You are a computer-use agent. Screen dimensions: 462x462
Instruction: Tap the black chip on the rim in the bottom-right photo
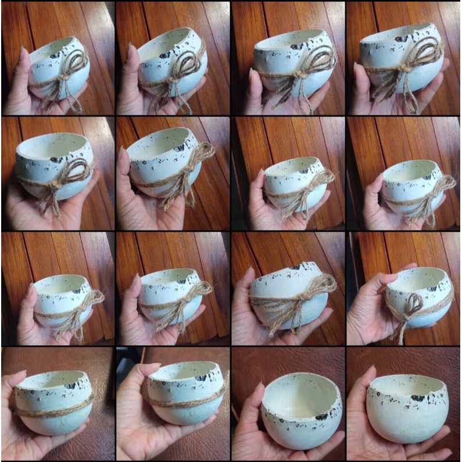point(418,398)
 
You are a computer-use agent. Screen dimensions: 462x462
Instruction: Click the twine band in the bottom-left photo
point(52,409)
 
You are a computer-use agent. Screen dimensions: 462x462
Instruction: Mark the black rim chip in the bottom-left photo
point(70,385)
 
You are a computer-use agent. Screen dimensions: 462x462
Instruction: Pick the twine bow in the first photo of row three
point(87,302)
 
